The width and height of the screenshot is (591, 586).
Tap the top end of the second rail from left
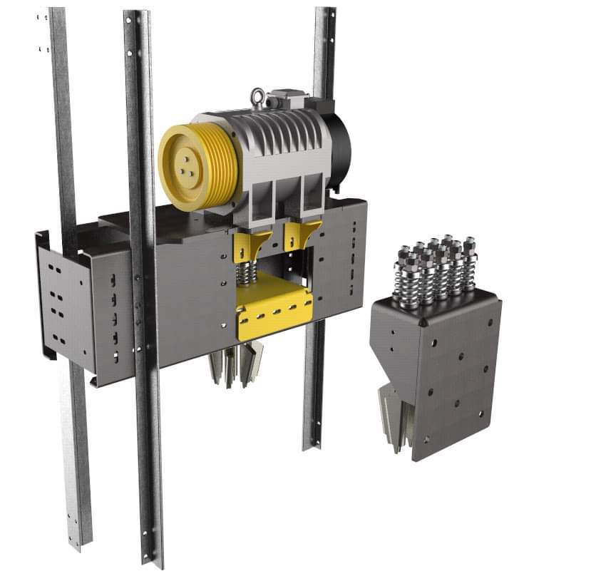click(x=136, y=18)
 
